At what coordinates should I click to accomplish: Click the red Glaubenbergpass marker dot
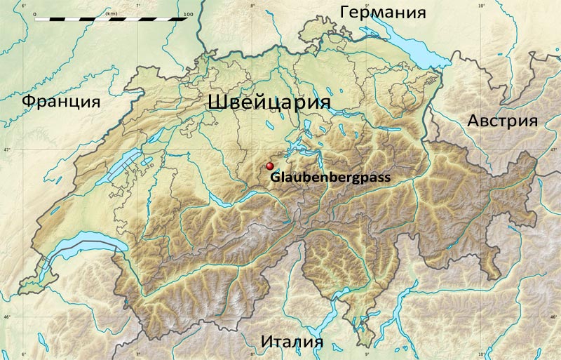click(x=269, y=166)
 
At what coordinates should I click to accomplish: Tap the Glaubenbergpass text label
click(x=330, y=178)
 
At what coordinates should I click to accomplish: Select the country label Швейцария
click(x=269, y=102)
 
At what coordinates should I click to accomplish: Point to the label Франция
click(x=60, y=102)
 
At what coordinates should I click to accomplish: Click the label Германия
click(x=383, y=13)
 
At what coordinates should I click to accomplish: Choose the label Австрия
click(x=502, y=121)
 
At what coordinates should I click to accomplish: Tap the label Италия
click(x=292, y=342)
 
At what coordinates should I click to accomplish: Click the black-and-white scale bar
click(x=111, y=20)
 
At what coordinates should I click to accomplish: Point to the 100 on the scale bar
click(x=187, y=13)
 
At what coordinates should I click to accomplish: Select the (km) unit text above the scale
click(x=111, y=13)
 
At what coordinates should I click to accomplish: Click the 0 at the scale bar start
click(x=34, y=13)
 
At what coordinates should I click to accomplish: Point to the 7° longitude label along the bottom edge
click(x=137, y=354)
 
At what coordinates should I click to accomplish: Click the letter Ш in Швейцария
click(x=217, y=102)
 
